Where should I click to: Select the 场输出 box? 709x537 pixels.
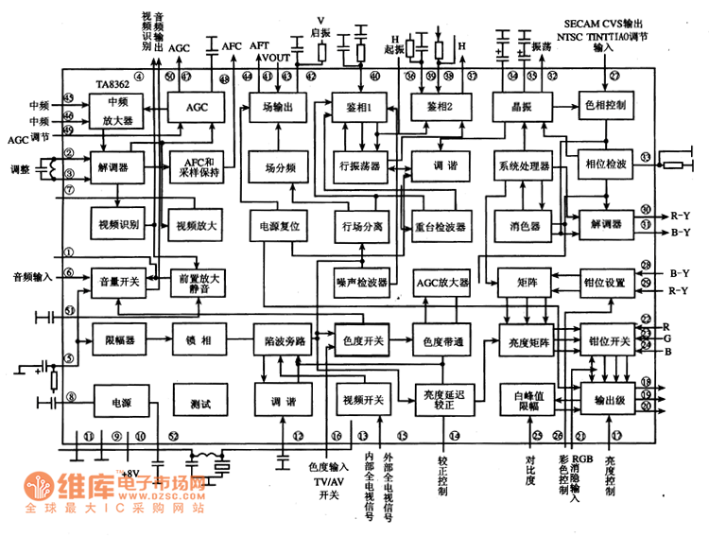(x=278, y=108)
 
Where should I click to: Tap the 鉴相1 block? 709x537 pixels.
(x=359, y=108)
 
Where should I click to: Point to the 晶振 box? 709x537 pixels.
(x=521, y=108)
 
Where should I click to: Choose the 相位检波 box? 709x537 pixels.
(x=605, y=164)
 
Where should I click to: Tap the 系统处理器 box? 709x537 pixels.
(x=523, y=166)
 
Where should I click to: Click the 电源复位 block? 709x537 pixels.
(x=279, y=227)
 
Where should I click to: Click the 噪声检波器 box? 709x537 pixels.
(x=362, y=282)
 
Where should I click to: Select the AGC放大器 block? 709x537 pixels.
(x=441, y=282)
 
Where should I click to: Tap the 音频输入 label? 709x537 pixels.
(x=33, y=276)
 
